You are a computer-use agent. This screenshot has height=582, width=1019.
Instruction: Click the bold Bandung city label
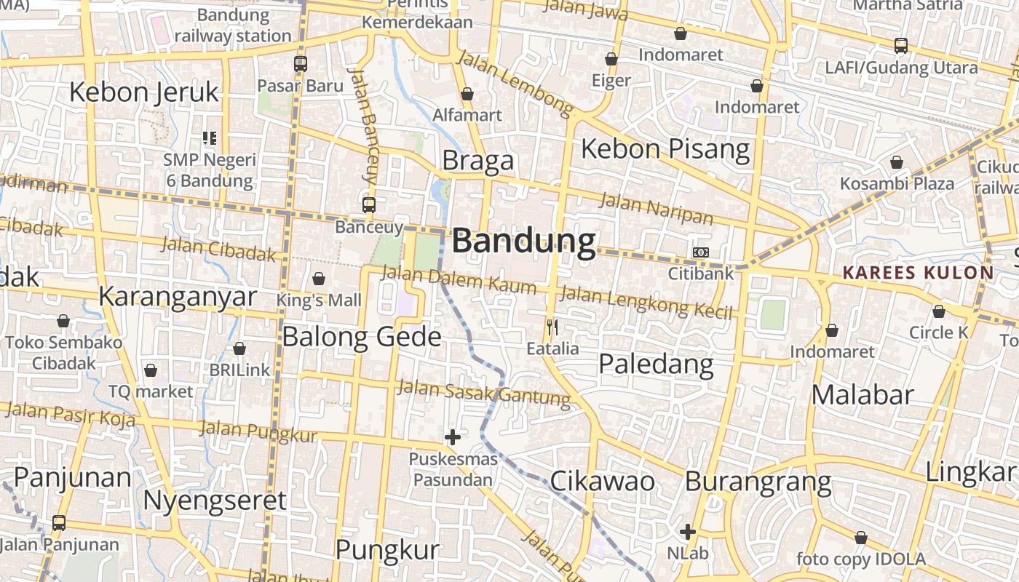[523, 242]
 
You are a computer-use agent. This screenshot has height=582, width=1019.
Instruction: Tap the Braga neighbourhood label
[477, 160]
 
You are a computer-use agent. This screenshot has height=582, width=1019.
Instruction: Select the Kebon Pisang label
[665, 149]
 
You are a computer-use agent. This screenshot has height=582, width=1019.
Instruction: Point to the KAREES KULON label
[917, 273]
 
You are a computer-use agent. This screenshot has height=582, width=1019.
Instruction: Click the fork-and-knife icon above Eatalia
[552, 327]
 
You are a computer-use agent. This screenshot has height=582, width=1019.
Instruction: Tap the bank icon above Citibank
[700, 252]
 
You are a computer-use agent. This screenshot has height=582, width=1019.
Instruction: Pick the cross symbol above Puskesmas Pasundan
[452, 437]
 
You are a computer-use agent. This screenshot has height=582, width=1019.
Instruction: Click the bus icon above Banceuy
[369, 205]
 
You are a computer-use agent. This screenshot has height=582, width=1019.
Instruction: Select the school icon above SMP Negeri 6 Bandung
[210, 137]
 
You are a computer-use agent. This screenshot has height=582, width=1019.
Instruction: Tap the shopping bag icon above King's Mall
[318, 279]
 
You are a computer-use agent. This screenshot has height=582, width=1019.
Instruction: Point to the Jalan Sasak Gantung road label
[483, 394]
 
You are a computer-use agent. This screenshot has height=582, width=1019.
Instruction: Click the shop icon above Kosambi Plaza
[897, 162]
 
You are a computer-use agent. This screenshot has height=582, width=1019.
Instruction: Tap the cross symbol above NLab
[687, 532]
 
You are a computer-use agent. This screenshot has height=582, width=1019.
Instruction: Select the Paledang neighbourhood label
[655, 364]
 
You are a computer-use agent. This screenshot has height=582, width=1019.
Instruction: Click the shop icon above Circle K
[939, 312]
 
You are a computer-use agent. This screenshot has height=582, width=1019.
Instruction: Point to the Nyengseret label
[215, 501]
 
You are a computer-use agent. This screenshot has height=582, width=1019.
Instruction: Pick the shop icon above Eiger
[611, 59]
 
